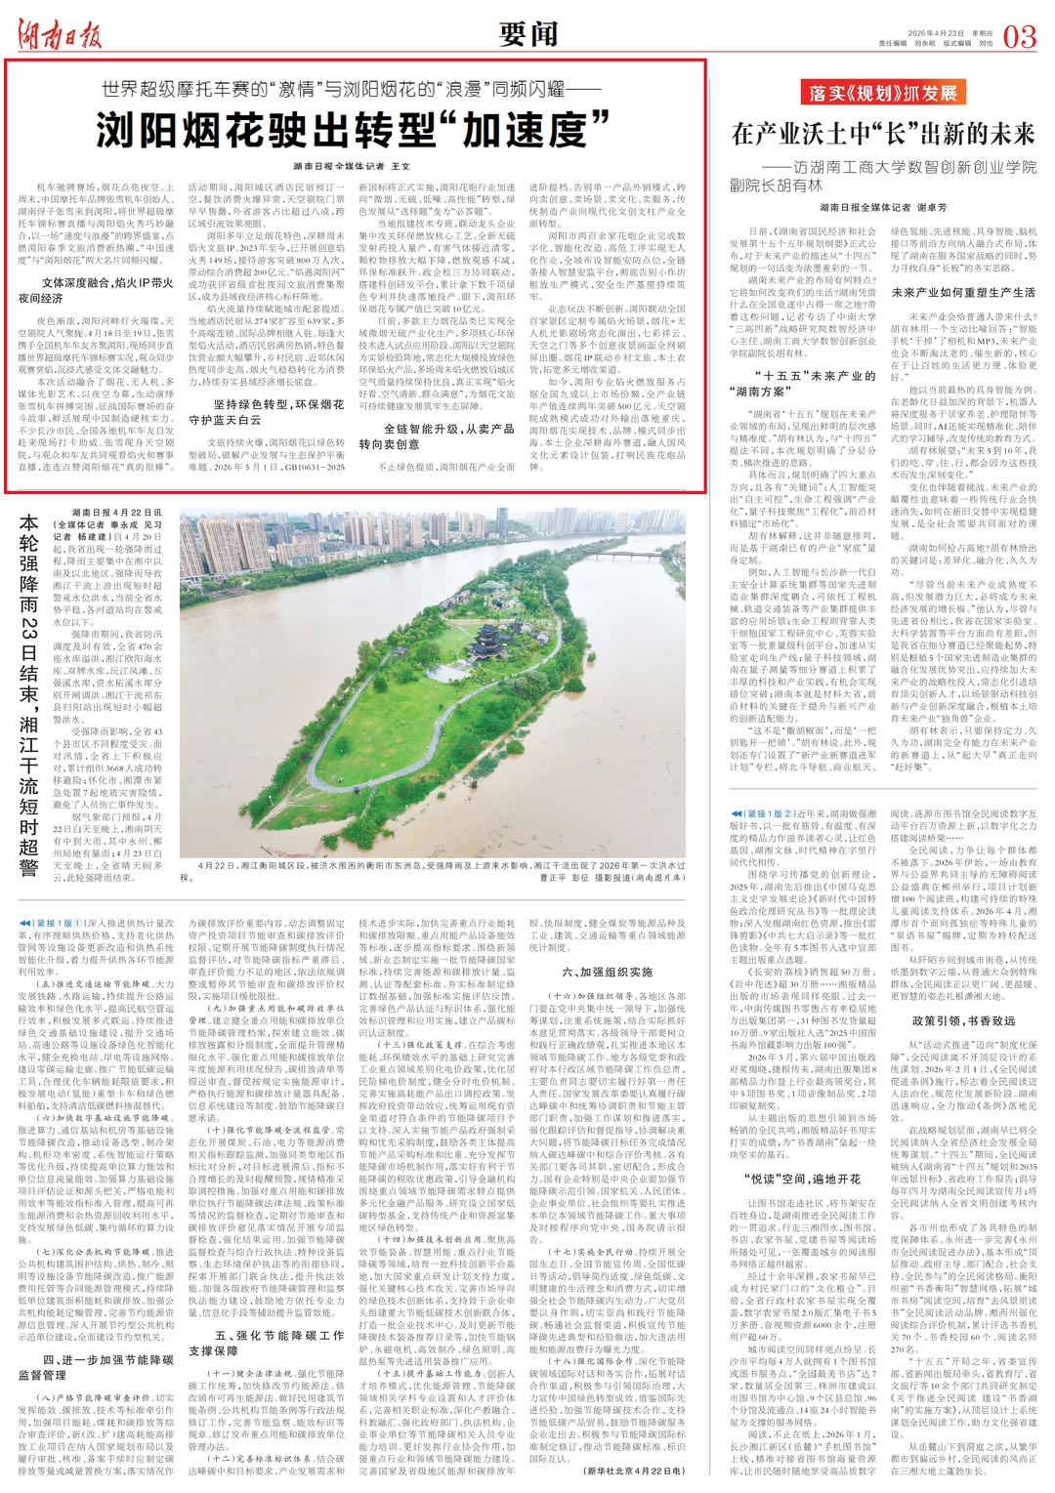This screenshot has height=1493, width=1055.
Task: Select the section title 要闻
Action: [x=527, y=34]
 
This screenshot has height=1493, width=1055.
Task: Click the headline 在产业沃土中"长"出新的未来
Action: [x=883, y=133]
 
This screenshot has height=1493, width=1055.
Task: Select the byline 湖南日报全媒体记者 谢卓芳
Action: [x=883, y=207]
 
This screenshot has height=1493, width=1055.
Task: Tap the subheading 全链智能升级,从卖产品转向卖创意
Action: [x=436, y=435]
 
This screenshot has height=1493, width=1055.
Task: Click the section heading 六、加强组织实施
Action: [x=607, y=971]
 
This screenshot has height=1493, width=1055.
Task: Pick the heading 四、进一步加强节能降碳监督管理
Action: [x=96, y=1367]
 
